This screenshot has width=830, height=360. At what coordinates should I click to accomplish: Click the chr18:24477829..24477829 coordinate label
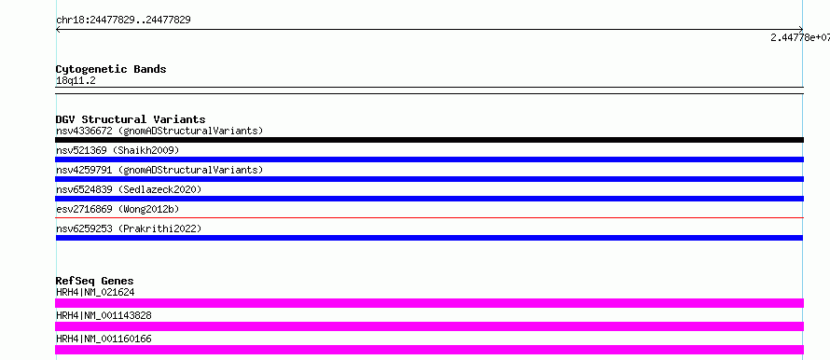[x=123, y=21]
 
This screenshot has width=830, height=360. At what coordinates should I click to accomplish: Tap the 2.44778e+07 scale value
[x=800, y=37]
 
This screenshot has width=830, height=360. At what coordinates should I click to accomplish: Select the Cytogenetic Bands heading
[x=111, y=69]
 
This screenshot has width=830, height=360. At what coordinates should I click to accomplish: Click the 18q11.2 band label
[x=76, y=81]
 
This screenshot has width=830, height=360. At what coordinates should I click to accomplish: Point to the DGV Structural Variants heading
[x=131, y=119]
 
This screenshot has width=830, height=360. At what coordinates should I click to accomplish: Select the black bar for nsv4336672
[x=429, y=140]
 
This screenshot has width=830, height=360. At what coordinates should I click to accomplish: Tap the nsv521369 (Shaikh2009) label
[x=118, y=150]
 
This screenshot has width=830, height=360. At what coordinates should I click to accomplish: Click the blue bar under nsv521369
[x=429, y=159]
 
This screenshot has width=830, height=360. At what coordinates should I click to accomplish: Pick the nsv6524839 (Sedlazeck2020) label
[x=129, y=189]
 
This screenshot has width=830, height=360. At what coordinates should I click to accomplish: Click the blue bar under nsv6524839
[x=429, y=199]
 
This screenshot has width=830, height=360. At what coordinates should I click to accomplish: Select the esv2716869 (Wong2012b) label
[x=118, y=209]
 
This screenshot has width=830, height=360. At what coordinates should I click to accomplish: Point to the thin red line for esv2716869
[x=429, y=217]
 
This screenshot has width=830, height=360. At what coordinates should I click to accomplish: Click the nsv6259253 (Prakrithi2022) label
[x=129, y=228]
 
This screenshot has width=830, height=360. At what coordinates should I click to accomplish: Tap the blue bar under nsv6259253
[x=429, y=238]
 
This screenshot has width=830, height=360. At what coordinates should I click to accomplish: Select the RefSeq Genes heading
[x=95, y=281]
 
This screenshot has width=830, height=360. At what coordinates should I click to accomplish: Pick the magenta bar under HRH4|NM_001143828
[x=429, y=326]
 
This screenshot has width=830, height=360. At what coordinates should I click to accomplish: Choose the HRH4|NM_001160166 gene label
[x=104, y=339]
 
